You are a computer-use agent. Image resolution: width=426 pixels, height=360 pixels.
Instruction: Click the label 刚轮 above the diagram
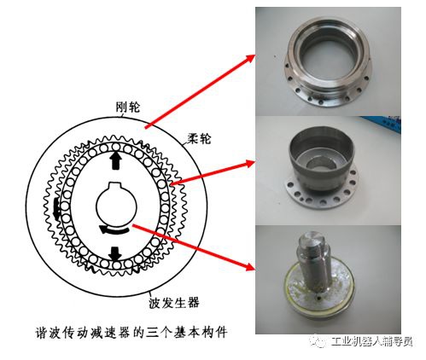128,109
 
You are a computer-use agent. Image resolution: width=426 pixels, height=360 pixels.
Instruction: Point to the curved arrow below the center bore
114,229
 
